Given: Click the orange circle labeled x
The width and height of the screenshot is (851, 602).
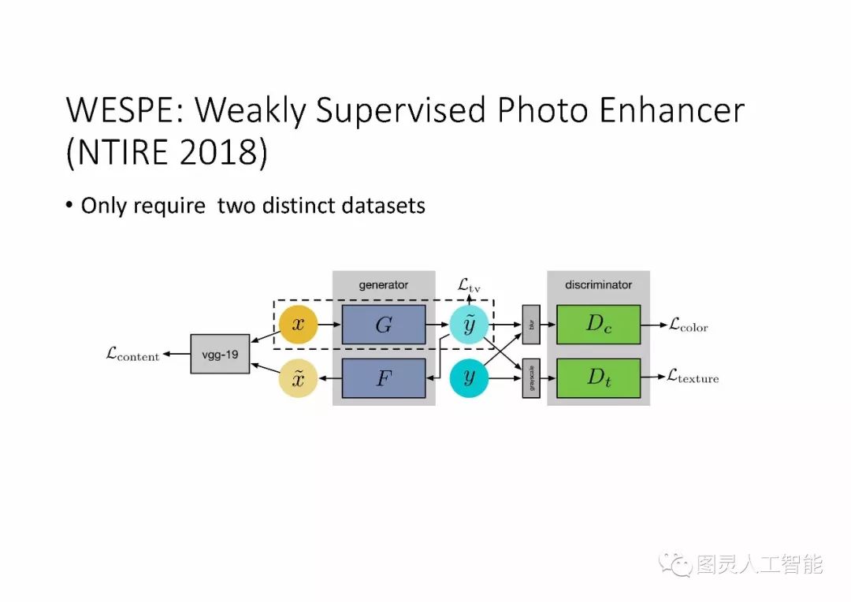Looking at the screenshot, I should (x=299, y=325).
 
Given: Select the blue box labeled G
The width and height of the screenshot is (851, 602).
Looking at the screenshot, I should (x=384, y=325).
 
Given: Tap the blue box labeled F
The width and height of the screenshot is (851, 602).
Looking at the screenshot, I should (x=384, y=378).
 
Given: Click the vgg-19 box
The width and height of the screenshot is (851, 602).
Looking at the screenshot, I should (x=220, y=354).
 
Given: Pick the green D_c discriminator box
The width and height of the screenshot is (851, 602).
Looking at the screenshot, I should (x=598, y=325).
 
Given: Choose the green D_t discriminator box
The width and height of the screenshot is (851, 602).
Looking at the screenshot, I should (x=598, y=378).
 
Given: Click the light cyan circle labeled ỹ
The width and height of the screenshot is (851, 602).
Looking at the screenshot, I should (x=470, y=325).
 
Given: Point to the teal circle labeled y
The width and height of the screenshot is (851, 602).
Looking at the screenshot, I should (x=470, y=378).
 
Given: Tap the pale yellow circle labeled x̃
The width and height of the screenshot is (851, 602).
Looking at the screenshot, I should (x=299, y=379).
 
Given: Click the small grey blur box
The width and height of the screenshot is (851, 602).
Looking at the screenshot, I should (x=531, y=324).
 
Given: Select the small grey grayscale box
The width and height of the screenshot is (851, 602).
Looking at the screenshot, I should (x=531, y=378).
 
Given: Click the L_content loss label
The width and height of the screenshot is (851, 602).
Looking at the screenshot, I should (x=132, y=355).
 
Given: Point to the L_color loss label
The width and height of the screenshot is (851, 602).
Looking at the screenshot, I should (x=688, y=325).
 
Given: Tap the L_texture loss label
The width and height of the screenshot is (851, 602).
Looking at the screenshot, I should (x=693, y=378).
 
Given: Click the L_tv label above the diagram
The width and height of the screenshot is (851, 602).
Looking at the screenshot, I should (x=469, y=285).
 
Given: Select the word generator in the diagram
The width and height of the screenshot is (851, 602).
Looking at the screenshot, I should (x=384, y=284).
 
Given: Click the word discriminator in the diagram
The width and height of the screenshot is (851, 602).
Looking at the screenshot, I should (x=598, y=284).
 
